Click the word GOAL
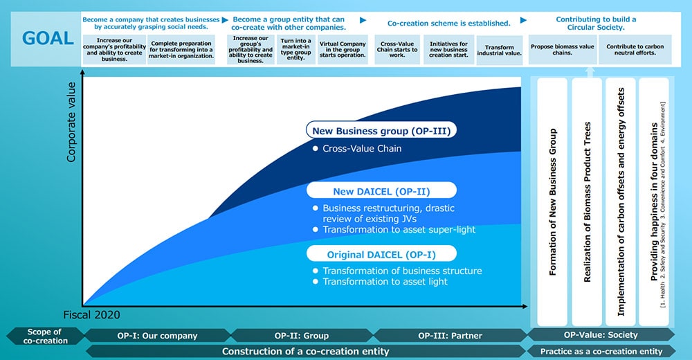click(48, 39)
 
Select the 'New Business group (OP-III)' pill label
click(381, 131)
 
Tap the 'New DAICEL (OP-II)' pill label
click(381, 191)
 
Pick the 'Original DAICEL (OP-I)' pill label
click(381, 254)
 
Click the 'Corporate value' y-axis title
click(71, 122)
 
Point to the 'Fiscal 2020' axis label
click(91, 314)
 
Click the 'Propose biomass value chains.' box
click(562, 49)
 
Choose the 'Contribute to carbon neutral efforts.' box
click(635, 49)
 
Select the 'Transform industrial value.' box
click(499, 50)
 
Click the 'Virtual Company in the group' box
click(343, 49)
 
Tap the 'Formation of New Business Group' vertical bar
click(552, 202)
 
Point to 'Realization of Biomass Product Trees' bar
click(587, 202)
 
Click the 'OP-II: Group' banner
click(302, 335)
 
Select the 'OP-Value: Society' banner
click(600, 334)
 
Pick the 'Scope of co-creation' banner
click(45, 336)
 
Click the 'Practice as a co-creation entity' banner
click(601, 351)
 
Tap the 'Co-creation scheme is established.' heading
click(448, 23)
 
